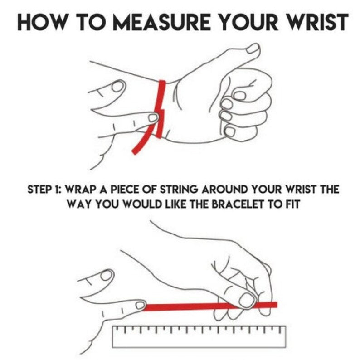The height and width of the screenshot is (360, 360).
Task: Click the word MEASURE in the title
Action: pos(162,22)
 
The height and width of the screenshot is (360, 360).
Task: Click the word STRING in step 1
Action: pos(178,190)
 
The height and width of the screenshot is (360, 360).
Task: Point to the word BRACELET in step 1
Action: pos(237,204)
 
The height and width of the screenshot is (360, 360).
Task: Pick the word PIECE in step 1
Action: pos(125,190)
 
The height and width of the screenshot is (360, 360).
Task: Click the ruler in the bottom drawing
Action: pos(199,337)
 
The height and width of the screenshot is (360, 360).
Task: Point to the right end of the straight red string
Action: pos(277,305)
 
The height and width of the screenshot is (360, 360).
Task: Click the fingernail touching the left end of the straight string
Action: pos(140,306)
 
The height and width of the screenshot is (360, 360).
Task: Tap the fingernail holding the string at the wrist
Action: pos(153,118)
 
